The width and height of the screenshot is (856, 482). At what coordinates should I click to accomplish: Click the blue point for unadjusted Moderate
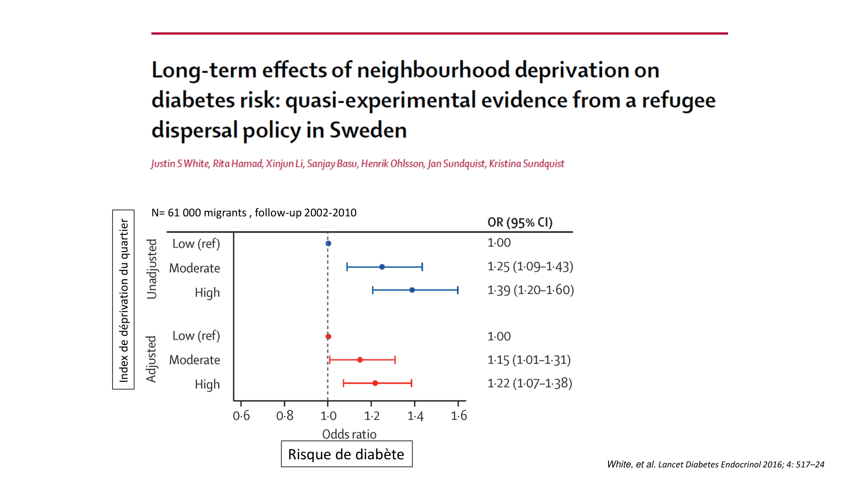click(x=382, y=267)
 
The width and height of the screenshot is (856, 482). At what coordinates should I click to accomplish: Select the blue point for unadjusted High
click(x=412, y=290)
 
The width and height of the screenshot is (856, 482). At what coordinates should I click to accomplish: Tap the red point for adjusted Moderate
click(x=360, y=360)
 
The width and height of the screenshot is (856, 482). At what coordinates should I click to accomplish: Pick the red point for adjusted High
click(x=375, y=383)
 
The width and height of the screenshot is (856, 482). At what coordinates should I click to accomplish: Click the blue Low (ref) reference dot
click(x=328, y=243)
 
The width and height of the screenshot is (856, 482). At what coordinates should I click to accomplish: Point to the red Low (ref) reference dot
click(x=328, y=336)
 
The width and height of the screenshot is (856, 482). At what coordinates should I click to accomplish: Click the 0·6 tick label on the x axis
click(x=241, y=416)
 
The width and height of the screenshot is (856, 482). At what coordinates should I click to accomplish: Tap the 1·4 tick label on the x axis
click(x=415, y=416)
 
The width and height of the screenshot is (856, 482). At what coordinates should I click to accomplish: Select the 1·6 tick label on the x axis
click(x=459, y=416)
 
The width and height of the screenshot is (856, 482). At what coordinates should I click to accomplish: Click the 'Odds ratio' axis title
click(x=349, y=434)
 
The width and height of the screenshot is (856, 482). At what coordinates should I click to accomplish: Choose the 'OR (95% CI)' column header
click(x=520, y=222)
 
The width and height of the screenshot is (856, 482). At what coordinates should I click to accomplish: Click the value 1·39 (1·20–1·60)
click(x=531, y=290)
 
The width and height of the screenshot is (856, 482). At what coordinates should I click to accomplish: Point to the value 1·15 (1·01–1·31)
click(x=529, y=360)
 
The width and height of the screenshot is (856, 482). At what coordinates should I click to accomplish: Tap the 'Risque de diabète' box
click(x=346, y=454)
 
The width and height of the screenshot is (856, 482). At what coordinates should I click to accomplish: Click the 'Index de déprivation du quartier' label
click(x=123, y=300)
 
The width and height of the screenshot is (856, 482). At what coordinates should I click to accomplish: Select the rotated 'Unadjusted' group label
click(x=152, y=269)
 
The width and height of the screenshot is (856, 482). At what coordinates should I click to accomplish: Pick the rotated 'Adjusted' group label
click(x=151, y=359)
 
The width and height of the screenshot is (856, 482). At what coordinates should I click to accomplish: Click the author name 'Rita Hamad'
click(x=238, y=164)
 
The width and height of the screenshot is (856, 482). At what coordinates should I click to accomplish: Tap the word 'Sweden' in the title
click(x=368, y=130)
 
